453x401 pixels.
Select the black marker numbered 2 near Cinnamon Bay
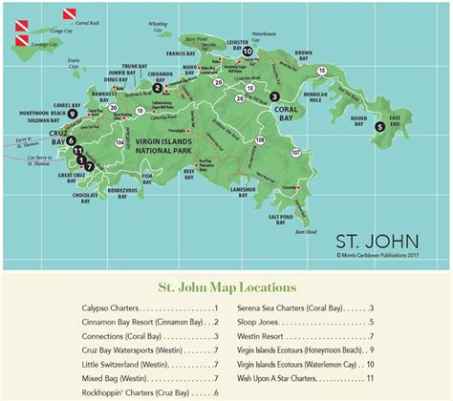coord(157,88)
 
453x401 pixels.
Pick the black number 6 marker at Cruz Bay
coord(71,141)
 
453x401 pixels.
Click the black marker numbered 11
coord(79,153)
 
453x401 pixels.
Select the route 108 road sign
coord(261,139)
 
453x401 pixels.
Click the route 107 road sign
coord(295,151)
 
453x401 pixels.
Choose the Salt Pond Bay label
coord(291,218)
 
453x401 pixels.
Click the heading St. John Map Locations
coord(226,286)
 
